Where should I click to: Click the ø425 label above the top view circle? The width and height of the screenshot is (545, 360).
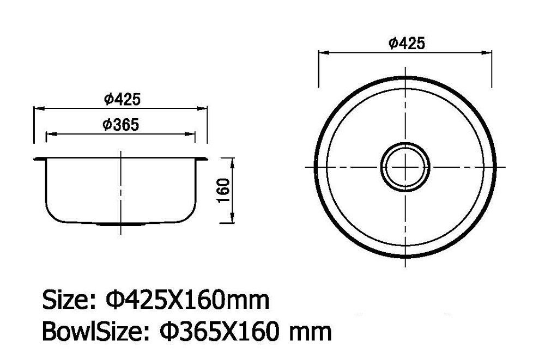point(407,44)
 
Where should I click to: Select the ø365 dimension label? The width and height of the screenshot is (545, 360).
point(120,125)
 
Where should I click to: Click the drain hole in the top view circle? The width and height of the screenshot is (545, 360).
point(405,166)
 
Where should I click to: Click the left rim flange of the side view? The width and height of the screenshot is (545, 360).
point(39,158)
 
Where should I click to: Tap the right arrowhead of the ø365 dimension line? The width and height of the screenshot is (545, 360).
point(192,133)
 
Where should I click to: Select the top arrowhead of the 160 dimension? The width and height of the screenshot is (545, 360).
point(233,162)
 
